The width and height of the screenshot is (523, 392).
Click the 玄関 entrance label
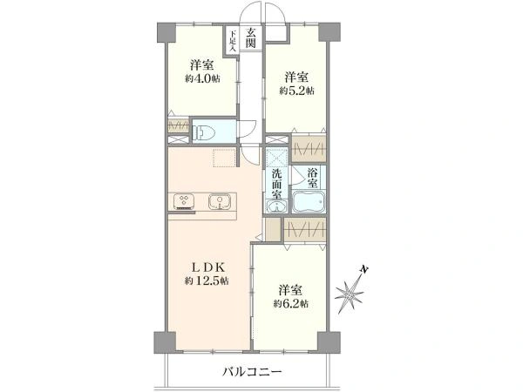pos(251,37)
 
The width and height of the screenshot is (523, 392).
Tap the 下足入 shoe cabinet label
pos(233,40)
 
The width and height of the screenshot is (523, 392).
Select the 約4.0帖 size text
pos(202,79)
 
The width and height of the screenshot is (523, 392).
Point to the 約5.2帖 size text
pos(296,91)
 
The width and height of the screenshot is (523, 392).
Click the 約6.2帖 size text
pos(291,304)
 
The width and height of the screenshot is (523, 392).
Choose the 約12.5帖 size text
pos(207,281)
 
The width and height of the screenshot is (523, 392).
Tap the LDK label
pos(207,267)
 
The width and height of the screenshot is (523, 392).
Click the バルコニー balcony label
pos(253,371)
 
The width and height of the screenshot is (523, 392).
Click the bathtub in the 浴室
pos(309,201)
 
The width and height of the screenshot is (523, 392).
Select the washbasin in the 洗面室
pos(276,206)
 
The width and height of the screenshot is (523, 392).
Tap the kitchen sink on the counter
pos(219,201)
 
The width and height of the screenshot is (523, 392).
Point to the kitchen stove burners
pos(183,202)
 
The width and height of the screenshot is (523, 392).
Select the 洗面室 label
pos(276,184)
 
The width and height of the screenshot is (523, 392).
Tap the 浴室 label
pos(312,178)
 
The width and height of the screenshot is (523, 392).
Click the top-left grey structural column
pos(166,32)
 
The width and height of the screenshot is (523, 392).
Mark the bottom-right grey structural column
pos(329,341)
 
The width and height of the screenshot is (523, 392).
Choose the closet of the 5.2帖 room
pos(309,148)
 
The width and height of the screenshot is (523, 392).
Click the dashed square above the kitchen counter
pos(225,158)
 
